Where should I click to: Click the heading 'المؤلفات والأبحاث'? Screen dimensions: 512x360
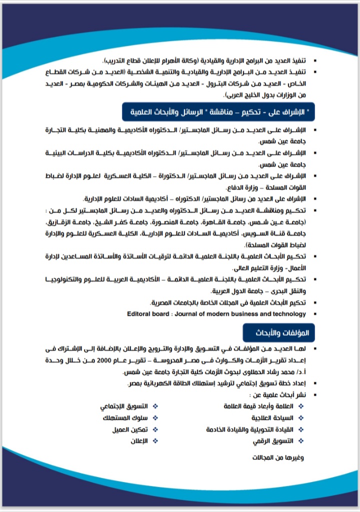click(276, 332)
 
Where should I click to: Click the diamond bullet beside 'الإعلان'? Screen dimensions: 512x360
click(154, 441)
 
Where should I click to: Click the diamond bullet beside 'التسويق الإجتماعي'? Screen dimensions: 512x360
click(154, 405)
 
